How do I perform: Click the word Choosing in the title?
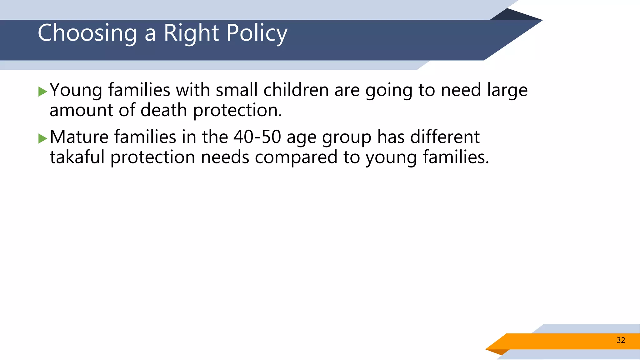(x=87, y=33)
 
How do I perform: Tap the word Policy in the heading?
(x=257, y=33)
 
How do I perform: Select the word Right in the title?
(x=191, y=33)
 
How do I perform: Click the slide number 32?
(x=621, y=340)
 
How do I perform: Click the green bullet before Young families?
(x=42, y=92)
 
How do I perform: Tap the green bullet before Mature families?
(x=42, y=138)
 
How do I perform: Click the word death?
(x=163, y=110)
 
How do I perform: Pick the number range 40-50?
(x=257, y=137)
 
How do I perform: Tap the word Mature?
(x=79, y=137)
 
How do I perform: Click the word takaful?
(x=77, y=157)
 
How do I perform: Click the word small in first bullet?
(x=237, y=90)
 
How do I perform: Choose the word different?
(x=445, y=137)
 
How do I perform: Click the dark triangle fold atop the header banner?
(x=512, y=15)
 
